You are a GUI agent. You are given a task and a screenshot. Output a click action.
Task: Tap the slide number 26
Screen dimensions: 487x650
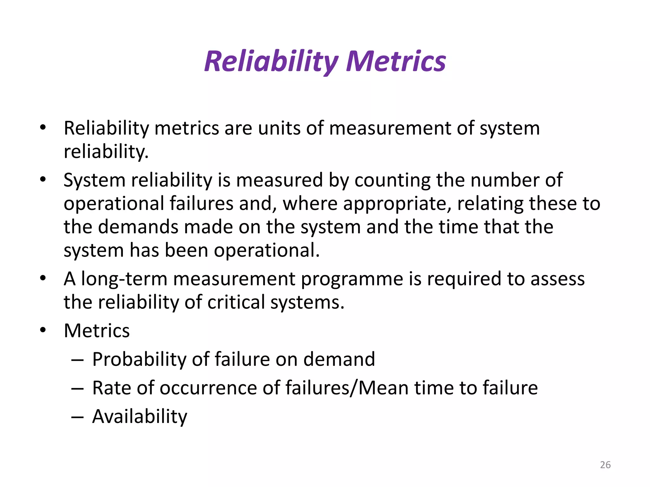[x=605, y=465]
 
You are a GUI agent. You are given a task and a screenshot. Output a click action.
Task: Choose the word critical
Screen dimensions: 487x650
[x=236, y=302]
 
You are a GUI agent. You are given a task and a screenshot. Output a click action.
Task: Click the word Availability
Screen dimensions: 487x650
[x=140, y=417]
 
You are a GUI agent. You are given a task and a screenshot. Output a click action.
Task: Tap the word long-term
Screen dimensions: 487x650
[x=124, y=279]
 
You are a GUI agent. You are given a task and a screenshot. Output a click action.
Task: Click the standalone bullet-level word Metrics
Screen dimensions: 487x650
[x=97, y=331]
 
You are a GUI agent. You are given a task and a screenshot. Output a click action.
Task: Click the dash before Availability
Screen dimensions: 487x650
[x=77, y=417]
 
